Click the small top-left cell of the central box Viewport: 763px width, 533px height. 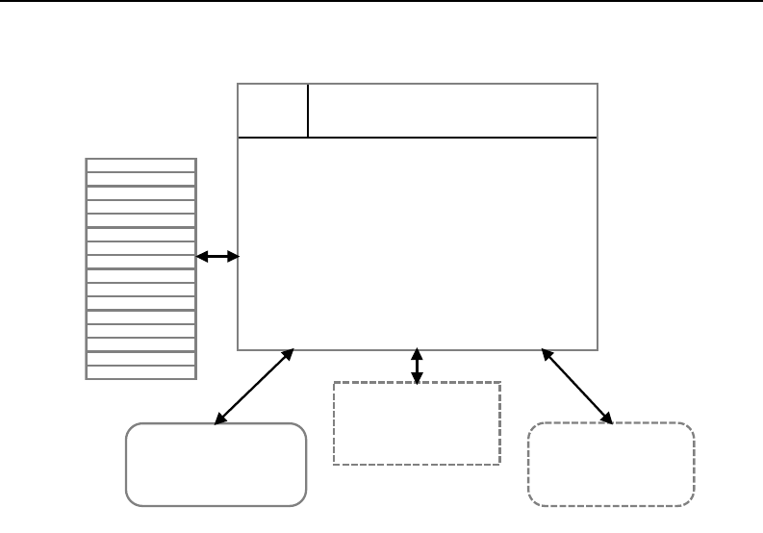coord(272,111)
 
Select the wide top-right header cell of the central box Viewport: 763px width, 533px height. coord(452,111)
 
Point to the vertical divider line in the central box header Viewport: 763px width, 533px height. coord(308,111)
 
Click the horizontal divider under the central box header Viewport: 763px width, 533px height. coord(417,138)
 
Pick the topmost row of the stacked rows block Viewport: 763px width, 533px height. coord(141,165)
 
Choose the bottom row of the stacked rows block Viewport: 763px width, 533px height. coord(141,372)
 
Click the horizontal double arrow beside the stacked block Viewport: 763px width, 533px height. coord(217,257)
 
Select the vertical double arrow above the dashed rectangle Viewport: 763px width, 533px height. coord(417,367)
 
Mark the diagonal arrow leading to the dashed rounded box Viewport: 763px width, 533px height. coord(577,386)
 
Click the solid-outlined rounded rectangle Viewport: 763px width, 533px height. coord(216,464)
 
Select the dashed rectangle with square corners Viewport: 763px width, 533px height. coord(417,423)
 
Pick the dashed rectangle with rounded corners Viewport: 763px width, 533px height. coord(611,464)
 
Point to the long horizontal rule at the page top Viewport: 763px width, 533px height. coord(381,2)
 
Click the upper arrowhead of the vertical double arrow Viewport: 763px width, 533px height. coord(417,353)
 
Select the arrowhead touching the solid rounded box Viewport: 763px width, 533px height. coord(218,419)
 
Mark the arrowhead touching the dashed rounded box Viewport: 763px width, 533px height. coord(609,419)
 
